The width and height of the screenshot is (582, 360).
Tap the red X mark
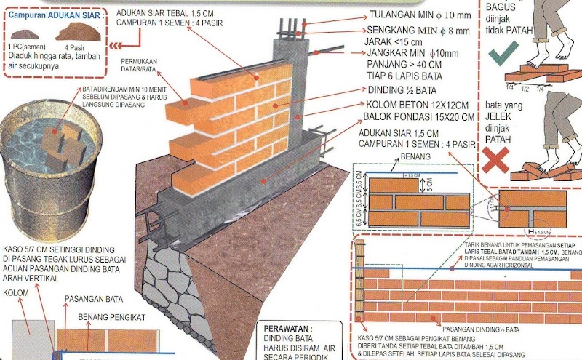click(495, 161)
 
